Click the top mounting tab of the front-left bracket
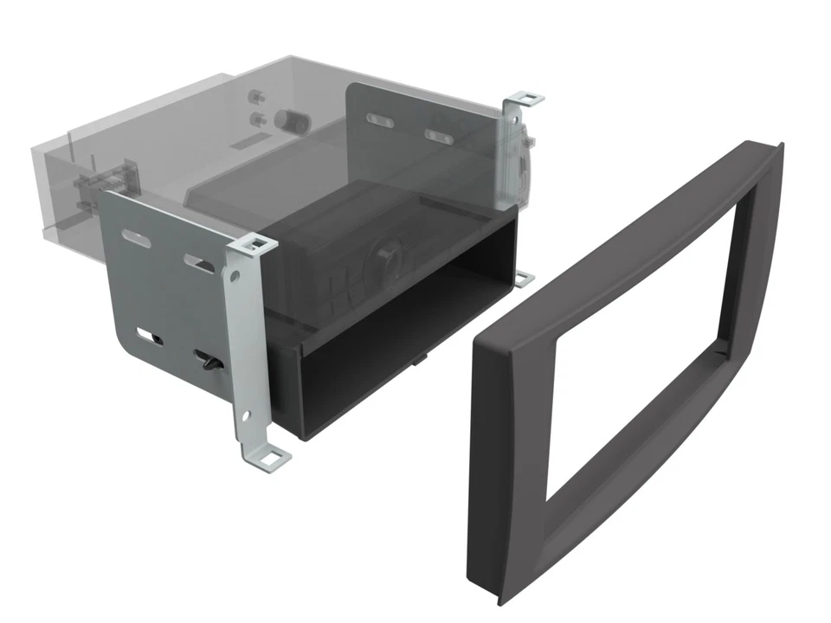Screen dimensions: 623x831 pyautogui.click(x=256, y=245)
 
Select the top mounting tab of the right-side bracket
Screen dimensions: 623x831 pyautogui.click(x=525, y=98)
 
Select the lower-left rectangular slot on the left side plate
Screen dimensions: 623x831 pyautogui.click(x=150, y=335)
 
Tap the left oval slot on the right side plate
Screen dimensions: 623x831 pyautogui.click(x=379, y=120)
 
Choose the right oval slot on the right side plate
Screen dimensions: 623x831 pyautogui.click(x=438, y=136)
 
